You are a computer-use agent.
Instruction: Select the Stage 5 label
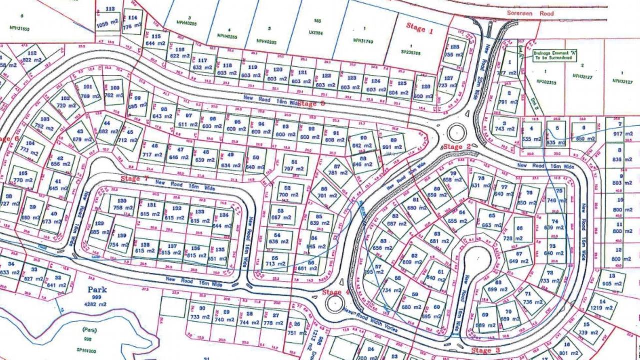311,104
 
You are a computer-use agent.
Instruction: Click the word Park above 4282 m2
97,289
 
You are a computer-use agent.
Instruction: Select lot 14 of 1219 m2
602,305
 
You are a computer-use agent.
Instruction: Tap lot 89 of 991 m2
393,144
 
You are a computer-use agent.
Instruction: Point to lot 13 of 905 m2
613,280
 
